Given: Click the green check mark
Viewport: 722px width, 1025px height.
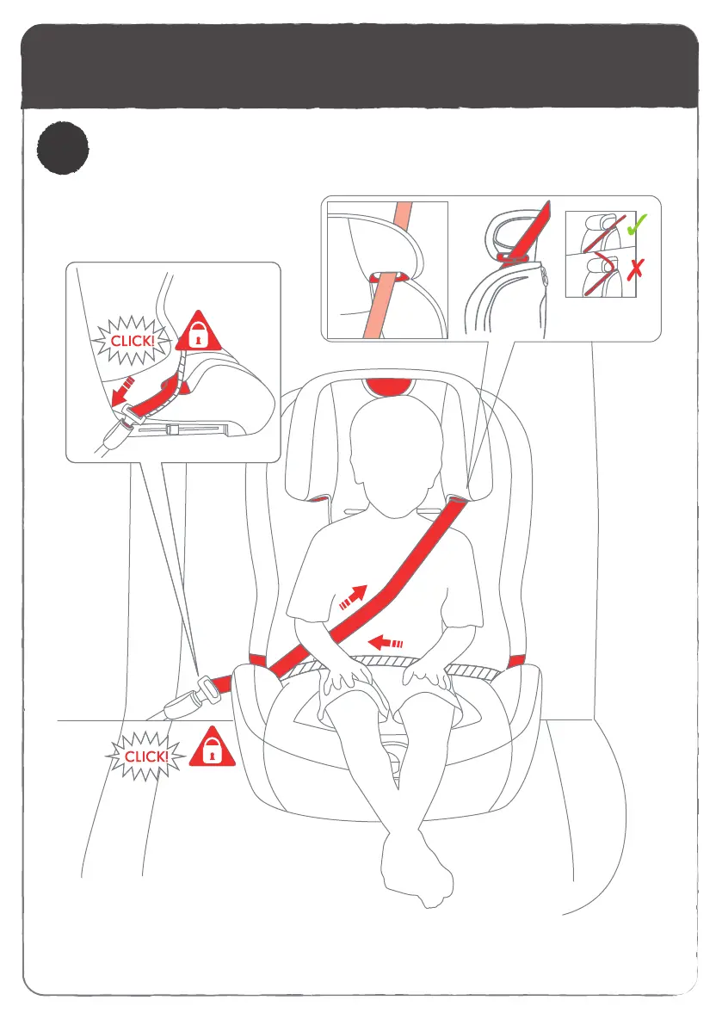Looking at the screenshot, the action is (x=637, y=225).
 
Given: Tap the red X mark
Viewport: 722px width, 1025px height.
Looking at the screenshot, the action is (x=635, y=269).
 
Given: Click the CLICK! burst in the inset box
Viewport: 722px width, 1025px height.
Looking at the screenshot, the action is (x=133, y=341).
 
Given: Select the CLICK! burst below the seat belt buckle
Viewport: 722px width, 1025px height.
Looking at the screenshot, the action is (x=145, y=756).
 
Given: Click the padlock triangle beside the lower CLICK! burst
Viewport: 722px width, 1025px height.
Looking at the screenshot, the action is (x=212, y=748).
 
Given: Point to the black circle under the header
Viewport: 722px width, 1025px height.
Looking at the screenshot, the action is (x=63, y=148).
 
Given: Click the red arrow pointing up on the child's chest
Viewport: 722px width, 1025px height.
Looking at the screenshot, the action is (x=354, y=596).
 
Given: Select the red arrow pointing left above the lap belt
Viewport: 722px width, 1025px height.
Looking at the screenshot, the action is (x=386, y=643).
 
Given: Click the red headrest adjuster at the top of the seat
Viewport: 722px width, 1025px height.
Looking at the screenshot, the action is (x=390, y=386).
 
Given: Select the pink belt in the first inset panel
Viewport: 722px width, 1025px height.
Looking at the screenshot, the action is (x=387, y=270).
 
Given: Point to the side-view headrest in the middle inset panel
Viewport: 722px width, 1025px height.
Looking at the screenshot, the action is (x=509, y=234).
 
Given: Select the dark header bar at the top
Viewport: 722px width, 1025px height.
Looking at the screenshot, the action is (x=360, y=66).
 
